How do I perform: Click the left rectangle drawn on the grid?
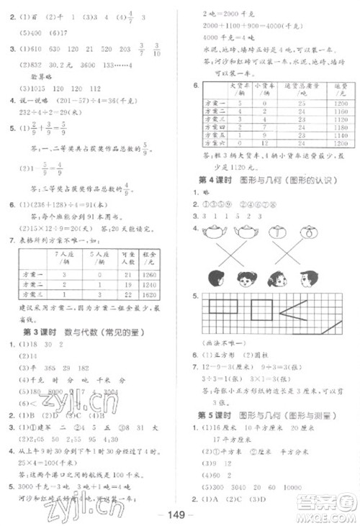222,309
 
